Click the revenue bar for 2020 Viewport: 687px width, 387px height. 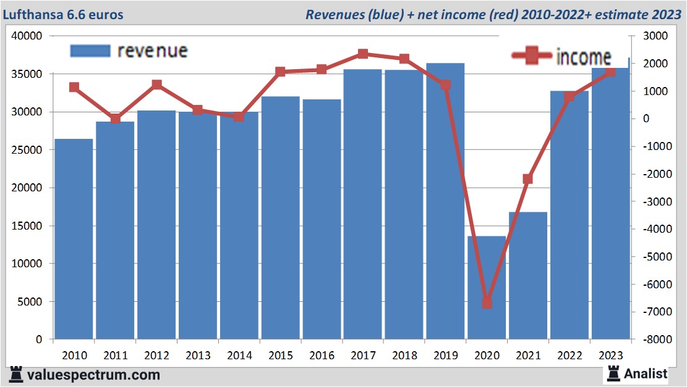486,288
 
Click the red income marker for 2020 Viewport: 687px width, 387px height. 487,303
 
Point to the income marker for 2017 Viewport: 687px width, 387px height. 363,54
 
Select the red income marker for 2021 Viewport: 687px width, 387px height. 527,179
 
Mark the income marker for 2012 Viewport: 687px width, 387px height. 156,85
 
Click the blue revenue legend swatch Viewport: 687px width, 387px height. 90,51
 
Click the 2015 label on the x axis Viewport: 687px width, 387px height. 280,355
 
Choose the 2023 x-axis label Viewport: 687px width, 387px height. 610,355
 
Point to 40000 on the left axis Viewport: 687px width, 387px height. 27,36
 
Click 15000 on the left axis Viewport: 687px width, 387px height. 27,226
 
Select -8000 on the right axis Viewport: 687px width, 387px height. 653,339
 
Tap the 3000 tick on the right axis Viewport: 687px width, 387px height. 655,36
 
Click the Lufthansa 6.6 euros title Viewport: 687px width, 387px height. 63,14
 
